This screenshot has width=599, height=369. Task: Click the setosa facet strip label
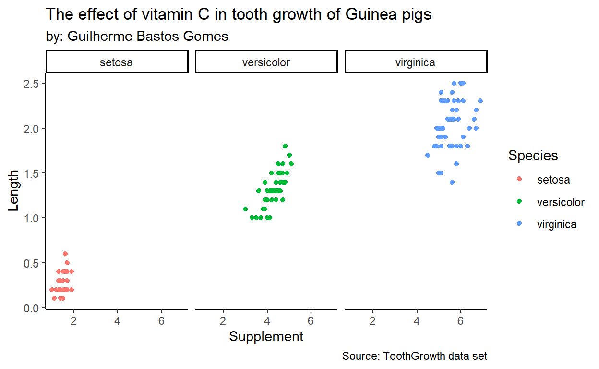pos(116,62)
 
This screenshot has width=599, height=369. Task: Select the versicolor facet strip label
pos(266,62)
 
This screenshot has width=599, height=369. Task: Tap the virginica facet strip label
pos(415,62)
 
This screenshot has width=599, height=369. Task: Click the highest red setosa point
pos(65,254)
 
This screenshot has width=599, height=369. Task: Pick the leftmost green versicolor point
pos(245,209)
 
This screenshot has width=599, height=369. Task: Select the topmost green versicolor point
pos(285,146)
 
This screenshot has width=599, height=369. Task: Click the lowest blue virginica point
pos(452,182)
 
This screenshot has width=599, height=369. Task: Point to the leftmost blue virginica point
pos(428,155)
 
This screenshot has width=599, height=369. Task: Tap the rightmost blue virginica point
pos(480,101)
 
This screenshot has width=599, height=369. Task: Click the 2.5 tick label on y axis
pos(31,84)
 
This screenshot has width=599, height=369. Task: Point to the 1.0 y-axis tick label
pos(31,218)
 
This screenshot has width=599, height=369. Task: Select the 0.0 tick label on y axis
pos(31,308)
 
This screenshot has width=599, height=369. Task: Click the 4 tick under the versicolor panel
pos(267,320)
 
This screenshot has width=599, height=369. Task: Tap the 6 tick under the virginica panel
pos(461,320)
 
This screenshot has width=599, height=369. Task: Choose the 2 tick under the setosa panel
pos(73,320)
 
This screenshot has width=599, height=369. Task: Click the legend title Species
pos(533,156)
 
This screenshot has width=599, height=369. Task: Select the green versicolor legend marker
pos(518,202)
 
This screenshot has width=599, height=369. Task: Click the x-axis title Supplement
pos(266,337)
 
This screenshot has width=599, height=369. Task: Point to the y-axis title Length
pos(14,190)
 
